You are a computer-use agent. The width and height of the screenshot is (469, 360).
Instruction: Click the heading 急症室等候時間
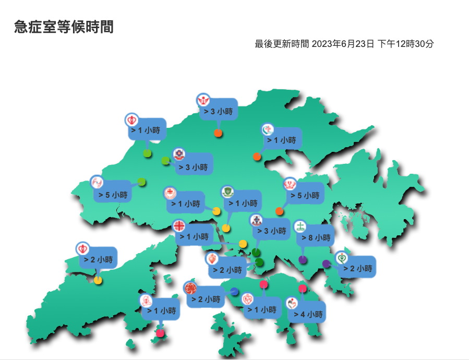tap(64, 27)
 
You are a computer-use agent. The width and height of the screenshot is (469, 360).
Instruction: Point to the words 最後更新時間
tap(282, 44)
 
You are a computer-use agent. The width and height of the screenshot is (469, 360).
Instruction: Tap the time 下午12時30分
tap(405, 44)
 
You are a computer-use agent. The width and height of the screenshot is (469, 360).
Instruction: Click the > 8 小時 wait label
tap(316, 238)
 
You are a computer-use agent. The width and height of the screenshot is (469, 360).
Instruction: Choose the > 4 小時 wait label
tap(308, 314)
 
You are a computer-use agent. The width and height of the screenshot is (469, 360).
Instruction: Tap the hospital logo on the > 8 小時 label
tap(300, 227)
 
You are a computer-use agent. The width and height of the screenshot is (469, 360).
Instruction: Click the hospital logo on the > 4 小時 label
tap(292, 303)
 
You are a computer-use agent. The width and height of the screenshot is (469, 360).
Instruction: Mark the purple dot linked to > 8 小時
tap(303, 259)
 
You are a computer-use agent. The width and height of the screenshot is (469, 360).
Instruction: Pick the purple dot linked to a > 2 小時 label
tap(327, 263)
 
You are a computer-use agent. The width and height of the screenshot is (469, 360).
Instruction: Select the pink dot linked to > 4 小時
tap(303, 289)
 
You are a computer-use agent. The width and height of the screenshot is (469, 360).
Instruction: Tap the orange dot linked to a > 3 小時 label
tap(219, 133)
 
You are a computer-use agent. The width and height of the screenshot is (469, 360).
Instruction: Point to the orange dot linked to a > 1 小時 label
tap(257, 157)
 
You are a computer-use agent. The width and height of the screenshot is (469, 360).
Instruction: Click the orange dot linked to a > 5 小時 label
tap(279, 211)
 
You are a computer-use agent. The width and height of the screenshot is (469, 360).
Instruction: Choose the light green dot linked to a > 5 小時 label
tap(141, 182)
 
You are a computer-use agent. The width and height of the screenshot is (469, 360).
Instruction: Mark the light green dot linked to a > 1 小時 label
tap(147, 153)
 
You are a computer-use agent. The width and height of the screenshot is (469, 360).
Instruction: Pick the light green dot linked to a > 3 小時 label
tap(165, 160)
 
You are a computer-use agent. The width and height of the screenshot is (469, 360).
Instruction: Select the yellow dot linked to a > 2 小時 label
tap(98, 280)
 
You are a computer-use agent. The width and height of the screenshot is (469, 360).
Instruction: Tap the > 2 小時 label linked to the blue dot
tap(205, 299)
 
